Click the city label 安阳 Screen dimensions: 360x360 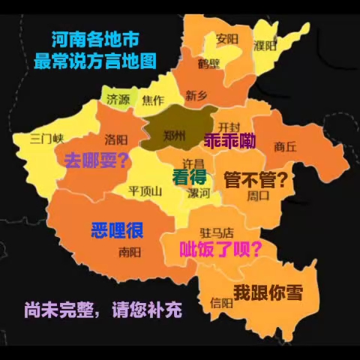coord(227,38)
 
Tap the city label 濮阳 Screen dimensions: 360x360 coord(266,46)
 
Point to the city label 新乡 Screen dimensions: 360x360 coord(196,95)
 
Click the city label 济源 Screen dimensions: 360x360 coord(118,99)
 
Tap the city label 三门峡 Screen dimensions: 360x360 coord(46,138)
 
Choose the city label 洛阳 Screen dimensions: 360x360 coord(116,139)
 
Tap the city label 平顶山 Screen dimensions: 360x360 coord(145,190)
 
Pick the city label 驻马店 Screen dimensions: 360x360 coord(218,232)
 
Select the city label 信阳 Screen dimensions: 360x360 coord(222,303)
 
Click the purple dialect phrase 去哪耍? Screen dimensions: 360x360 coord(97,160)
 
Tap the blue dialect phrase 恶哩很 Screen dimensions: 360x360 coord(117,229)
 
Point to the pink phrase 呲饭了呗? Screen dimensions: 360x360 coord(218,249)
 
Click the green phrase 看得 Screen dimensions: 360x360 coord(189,178)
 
